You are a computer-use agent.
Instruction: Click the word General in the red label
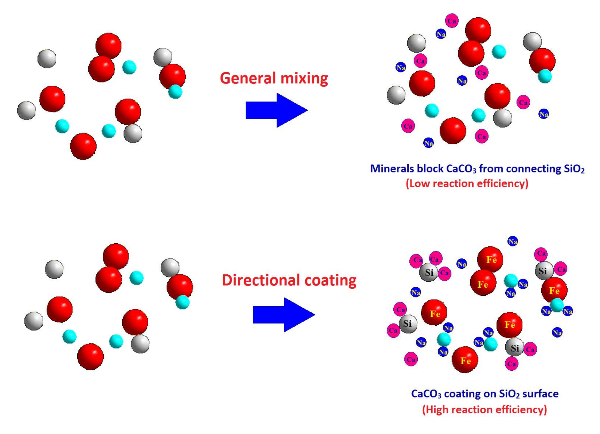248,79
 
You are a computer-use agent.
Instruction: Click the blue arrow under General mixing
276,110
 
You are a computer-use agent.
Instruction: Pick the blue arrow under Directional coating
284,315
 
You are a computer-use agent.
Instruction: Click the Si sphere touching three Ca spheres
429,272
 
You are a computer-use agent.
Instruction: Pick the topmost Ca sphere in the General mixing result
452,21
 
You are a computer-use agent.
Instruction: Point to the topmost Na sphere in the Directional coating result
512,241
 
